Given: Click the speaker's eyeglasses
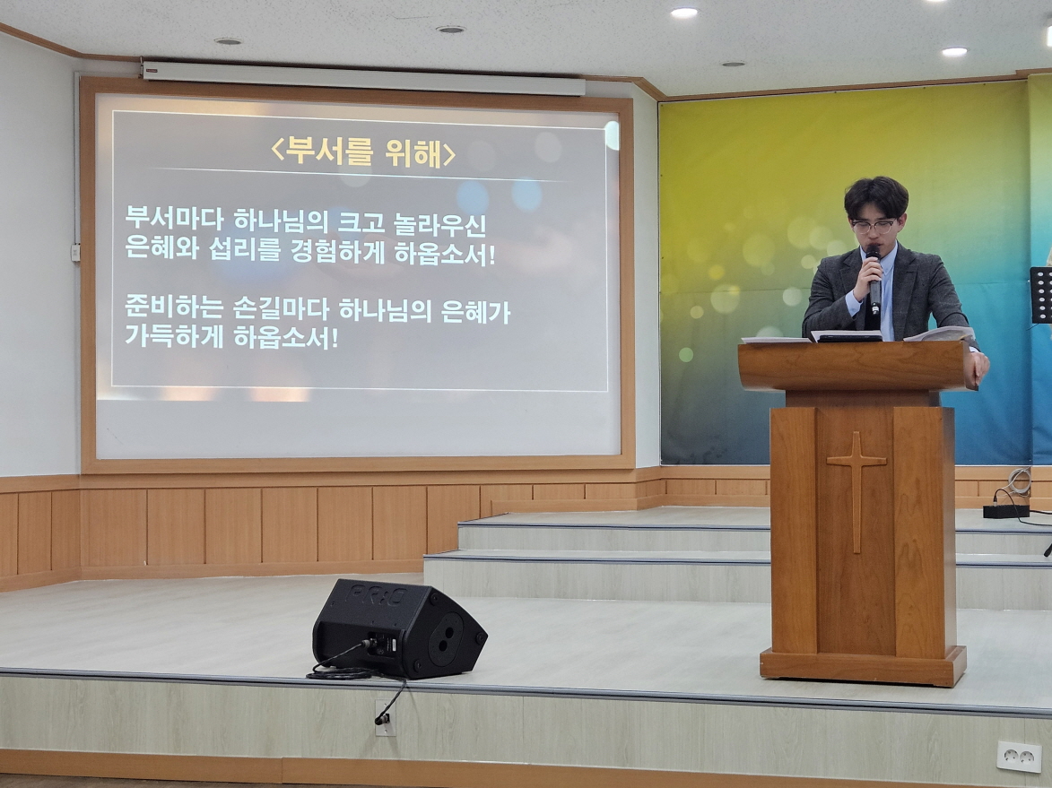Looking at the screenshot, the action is (x=873, y=227).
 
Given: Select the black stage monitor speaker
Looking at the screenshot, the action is (x=398, y=628).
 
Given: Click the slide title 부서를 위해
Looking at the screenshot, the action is (x=363, y=152).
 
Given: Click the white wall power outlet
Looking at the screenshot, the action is (x=1019, y=757).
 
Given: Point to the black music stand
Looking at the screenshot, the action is (x=1041, y=295).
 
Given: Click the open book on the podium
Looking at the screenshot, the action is (x=939, y=333).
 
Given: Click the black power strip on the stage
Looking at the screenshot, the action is (x=1005, y=511).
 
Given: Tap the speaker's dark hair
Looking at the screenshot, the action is (x=875, y=195).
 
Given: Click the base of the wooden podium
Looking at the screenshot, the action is (x=863, y=665).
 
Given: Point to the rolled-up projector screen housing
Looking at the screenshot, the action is (x=363, y=79).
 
